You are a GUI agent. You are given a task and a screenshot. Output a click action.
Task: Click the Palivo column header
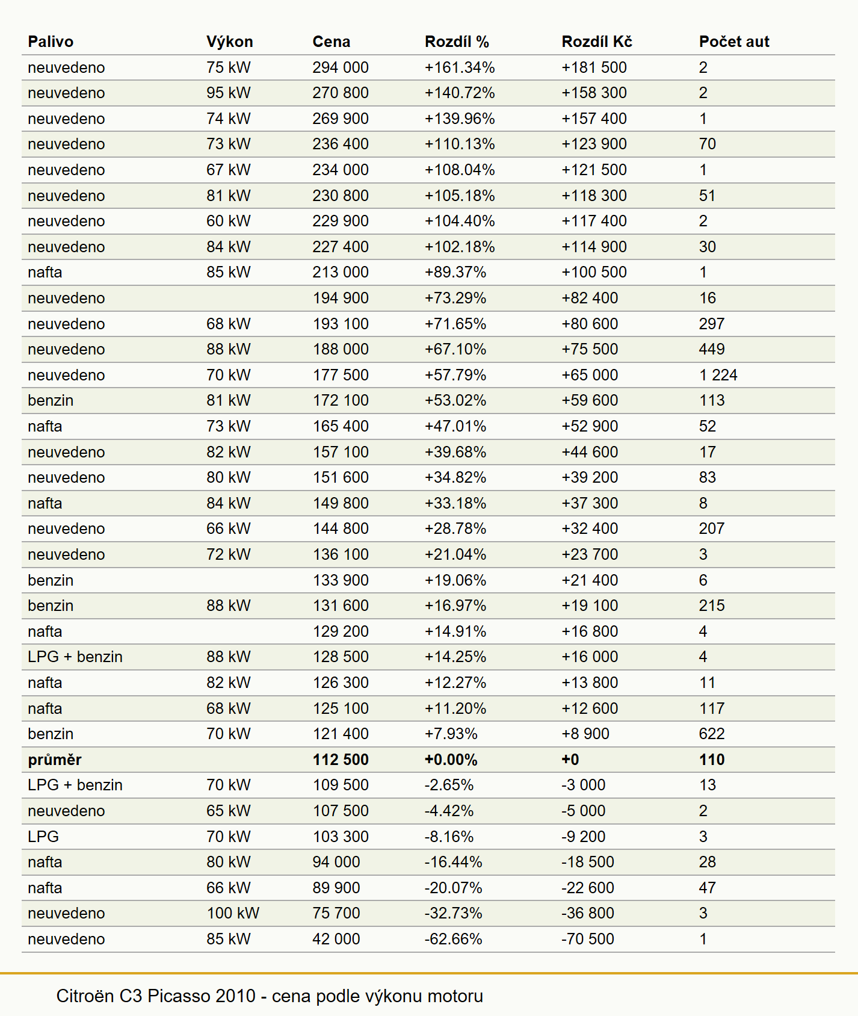pos(51,42)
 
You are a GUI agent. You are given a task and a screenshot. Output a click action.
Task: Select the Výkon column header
pos(229,42)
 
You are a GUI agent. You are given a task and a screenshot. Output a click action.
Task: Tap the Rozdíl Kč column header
pos(597,42)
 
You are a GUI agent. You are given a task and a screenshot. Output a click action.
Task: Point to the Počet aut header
pos(734,42)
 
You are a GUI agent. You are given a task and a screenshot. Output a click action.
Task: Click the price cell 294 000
pos(341,67)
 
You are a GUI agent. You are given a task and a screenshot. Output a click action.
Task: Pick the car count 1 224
pos(718,375)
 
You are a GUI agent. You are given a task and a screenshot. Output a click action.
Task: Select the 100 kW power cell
pos(233,913)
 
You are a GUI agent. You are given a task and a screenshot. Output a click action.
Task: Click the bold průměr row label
pos(55,760)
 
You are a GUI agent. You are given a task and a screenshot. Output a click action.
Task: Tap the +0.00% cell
pos(451,760)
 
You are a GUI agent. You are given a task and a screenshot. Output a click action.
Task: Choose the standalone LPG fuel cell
pos(43,837)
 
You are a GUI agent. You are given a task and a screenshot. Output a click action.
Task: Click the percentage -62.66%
pos(454,939)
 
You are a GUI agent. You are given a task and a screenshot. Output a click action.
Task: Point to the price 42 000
pos(336,939)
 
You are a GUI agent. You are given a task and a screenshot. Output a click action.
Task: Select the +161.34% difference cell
pos(460,67)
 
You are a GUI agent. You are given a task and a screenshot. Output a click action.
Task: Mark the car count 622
pos(712,734)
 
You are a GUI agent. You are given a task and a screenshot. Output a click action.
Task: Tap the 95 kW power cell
pos(229,93)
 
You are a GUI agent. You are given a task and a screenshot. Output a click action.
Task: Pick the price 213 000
pos(341,272)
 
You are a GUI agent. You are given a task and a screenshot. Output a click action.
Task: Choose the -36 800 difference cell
pos(588,913)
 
